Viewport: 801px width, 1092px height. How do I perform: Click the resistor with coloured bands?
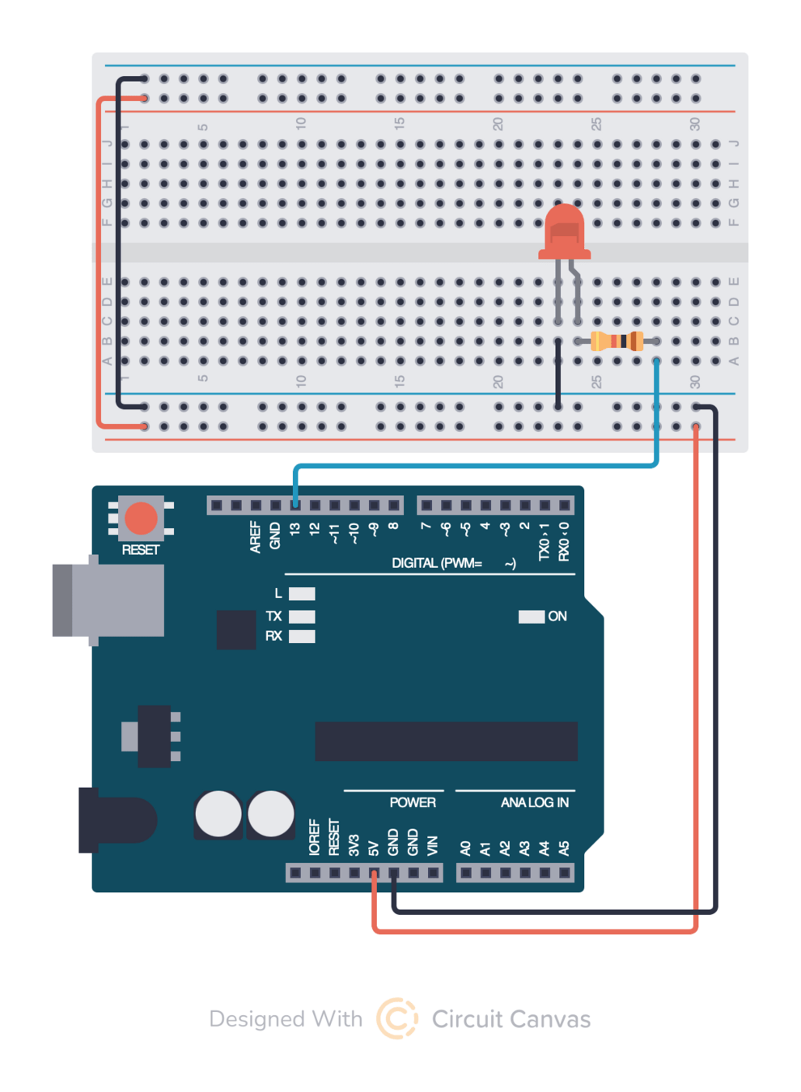point(617,341)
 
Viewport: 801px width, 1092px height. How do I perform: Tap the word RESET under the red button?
point(140,550)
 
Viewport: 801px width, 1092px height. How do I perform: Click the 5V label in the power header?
point(374,848)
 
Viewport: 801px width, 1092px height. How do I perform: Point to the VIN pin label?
point(432,846)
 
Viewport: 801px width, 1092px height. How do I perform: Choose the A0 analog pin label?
point(465,848)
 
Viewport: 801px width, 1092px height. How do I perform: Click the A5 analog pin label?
point(564,848)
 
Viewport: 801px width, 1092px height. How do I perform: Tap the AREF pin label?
point(256,537)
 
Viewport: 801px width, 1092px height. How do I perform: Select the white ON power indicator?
point(531,616)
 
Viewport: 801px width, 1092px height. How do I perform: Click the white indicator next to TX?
point(302,616)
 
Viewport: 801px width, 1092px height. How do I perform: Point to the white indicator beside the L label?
point(302,594)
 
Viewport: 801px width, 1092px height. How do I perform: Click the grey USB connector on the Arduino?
point(109,600)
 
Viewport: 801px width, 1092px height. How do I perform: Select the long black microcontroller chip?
point(446,741)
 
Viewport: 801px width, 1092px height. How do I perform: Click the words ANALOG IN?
point(534,802)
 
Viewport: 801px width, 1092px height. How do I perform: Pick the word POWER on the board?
point(413,802)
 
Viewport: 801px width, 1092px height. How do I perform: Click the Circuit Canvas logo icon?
point(397,1018)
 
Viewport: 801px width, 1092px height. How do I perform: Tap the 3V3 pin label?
point(354,846)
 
